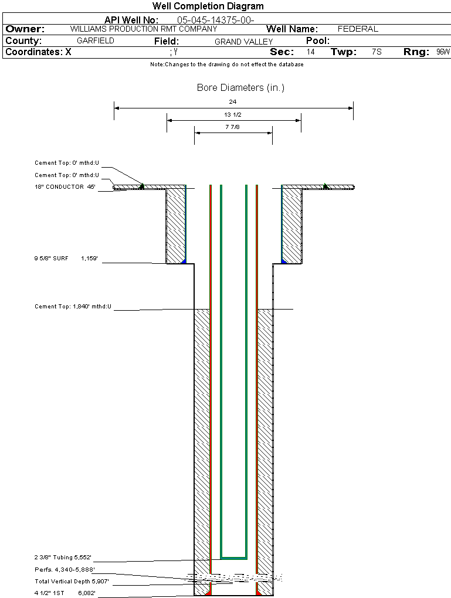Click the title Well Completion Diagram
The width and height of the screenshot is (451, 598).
point(208,6)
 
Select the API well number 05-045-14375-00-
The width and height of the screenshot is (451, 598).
point(215,20)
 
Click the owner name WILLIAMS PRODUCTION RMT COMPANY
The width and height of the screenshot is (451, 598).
point(144,29)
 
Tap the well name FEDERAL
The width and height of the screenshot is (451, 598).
point(358,29)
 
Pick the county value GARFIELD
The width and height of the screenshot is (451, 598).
point(96,41)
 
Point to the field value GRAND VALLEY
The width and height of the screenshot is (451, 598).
point(244,42)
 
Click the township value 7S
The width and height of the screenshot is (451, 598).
point(377,52)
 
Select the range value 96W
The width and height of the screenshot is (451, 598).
point(443,52)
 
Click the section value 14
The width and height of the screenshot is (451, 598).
point(311,52)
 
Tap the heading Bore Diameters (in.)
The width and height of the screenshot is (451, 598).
point(240,88)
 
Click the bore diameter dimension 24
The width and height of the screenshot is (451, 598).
point(233,101)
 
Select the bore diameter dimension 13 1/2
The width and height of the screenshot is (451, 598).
point(233,114)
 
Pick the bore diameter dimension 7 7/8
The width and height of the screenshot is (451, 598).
point(233,127)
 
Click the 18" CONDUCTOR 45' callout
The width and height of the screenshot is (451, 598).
point(65,187)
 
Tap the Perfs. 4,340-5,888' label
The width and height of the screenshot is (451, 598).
point(65,569)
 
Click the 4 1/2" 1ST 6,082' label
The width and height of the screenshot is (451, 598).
point(65,593)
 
